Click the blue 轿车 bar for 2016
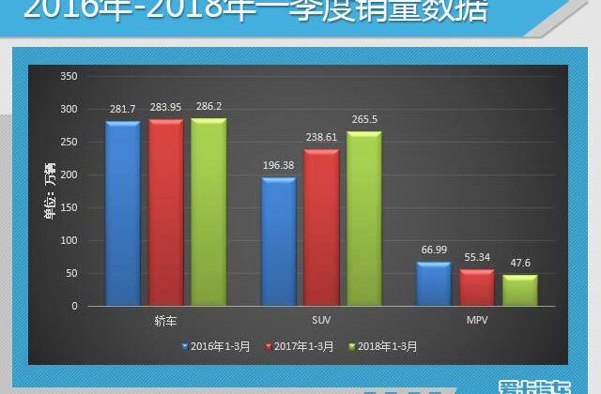123,214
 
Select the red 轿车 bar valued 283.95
166,213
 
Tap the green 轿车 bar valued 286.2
208,212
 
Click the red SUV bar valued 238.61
321,228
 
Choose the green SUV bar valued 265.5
364,220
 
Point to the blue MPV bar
434,284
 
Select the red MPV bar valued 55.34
477,288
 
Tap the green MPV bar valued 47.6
519,291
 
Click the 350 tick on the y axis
67,76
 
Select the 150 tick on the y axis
67,207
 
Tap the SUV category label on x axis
321,320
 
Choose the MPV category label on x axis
477,320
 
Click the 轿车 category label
166,320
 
